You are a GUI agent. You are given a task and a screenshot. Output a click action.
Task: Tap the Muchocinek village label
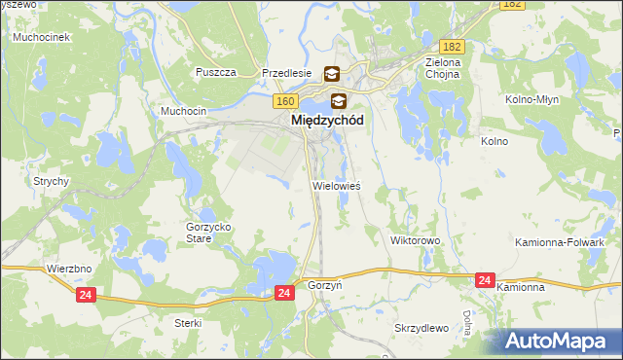(x=39, y=37)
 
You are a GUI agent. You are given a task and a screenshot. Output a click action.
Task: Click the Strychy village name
(x=50, y=181)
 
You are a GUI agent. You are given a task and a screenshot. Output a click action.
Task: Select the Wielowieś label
(x=336, y=185)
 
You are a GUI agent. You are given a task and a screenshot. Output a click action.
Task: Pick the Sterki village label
(x=188, y=322)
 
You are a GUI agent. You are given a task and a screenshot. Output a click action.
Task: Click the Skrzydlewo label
(x=421, y=328)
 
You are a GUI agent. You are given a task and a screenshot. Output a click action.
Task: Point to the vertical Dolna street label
(x=467, y=322)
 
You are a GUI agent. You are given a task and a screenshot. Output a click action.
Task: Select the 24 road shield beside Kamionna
(x=485, y=280)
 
